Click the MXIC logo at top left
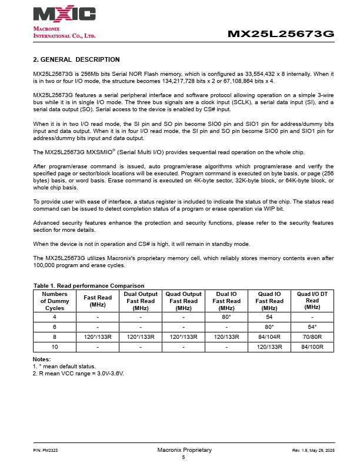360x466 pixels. point(64,15)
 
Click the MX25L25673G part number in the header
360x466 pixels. point(281,34)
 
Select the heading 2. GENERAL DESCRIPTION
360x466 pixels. point(76,59)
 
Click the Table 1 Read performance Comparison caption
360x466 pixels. point(89,285)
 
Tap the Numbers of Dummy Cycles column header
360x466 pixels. point(55,300)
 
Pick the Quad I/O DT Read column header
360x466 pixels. point(312,300)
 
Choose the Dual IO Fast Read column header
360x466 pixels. point(226,300)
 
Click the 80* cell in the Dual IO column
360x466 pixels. point(226,317)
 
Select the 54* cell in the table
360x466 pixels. point(312,327)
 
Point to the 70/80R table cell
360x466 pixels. point(312,337)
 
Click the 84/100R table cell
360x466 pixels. point(312,347)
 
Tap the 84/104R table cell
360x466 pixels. point(269,337)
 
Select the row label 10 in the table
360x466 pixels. point(55,347)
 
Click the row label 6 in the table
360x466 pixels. point(55,327)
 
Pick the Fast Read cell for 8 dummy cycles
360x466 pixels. point(98,337)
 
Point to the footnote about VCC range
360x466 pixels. point(78,373)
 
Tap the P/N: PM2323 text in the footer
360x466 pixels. point(45,450)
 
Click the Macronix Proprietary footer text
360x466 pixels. point(184,450)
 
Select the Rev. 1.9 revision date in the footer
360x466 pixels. point(313,450)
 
